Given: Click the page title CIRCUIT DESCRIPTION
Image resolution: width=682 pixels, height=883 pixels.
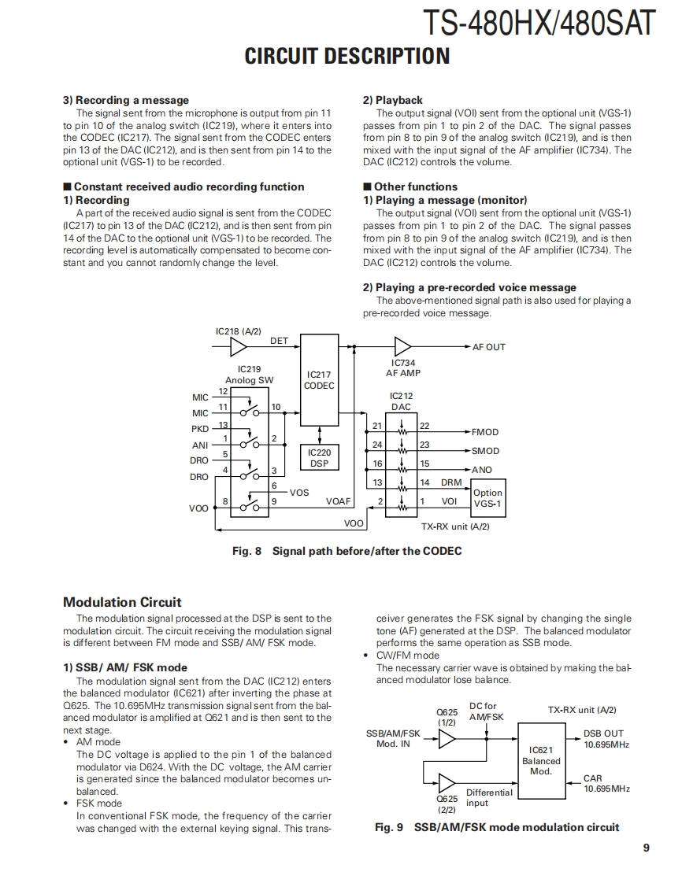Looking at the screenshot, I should click(347, 57).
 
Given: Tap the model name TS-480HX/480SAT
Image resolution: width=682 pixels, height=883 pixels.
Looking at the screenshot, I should click(539, 23).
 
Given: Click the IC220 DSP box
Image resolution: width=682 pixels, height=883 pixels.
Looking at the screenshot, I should click(319, 458).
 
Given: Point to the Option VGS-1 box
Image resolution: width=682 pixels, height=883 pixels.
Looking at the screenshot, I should click(487, 498).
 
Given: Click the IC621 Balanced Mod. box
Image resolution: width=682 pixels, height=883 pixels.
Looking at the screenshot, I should click(541, 761).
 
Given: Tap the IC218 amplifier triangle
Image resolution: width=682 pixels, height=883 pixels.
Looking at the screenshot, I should click(238, 346).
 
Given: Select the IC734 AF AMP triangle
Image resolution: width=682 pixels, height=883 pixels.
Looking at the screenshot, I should click(402, 346).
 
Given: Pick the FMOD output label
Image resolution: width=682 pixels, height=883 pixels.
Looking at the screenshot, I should click(484, 432).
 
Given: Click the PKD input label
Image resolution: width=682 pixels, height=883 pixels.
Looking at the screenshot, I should click(200, 429).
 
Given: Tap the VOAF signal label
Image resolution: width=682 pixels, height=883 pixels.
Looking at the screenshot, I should click(338, 501).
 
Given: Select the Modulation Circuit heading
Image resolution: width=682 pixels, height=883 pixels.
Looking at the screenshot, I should click(122, 602).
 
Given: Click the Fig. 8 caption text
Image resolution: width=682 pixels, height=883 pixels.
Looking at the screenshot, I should click(347, 551).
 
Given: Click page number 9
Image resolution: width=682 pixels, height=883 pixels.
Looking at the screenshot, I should click(645, 848).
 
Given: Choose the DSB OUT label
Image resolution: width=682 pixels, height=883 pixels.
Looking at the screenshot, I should click(603, 733).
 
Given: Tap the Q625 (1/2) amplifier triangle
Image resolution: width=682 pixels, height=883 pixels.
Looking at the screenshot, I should click(447, 738).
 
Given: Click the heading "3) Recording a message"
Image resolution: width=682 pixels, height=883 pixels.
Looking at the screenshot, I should click(126, 100).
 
